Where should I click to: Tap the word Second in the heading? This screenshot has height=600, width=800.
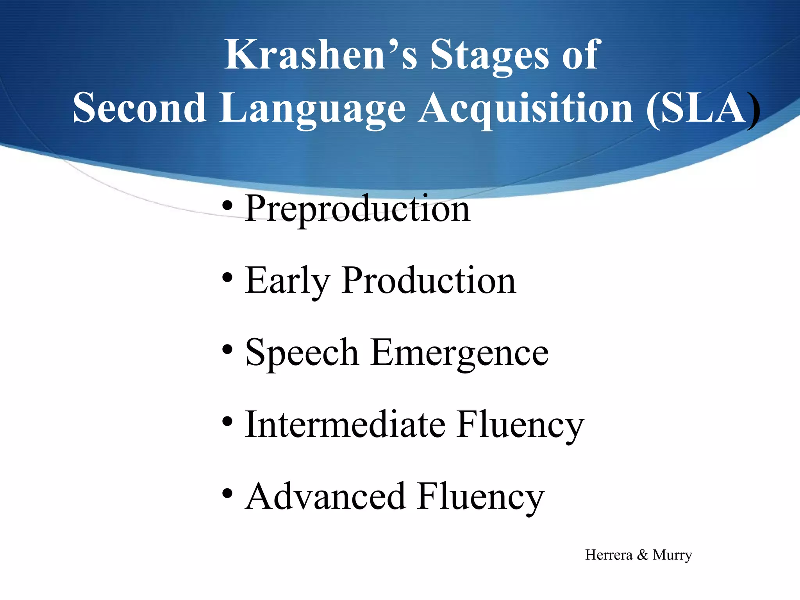click(139, 108)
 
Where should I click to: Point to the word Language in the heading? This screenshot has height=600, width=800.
click(312, 109)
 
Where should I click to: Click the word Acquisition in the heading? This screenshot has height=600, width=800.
click(525, 109)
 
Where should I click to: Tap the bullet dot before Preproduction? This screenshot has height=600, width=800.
click(227, 206)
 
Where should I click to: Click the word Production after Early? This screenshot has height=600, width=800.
click(429, 280)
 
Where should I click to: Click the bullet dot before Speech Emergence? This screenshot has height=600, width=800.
click(227, 350)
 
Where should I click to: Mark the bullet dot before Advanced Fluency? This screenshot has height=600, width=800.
click(227, 494)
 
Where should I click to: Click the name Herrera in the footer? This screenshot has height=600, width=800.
click(609, 555)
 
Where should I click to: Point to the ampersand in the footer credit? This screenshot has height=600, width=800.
click(643, 555)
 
